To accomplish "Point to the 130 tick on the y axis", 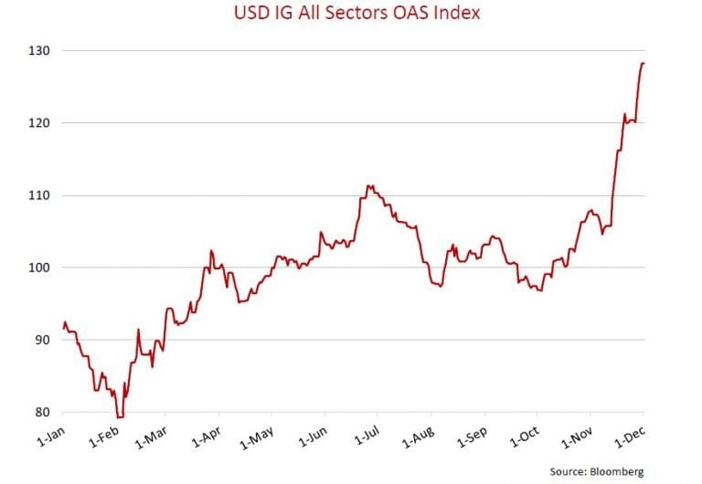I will coord(41,50).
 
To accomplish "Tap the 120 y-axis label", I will coord(41,122).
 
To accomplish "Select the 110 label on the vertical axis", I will coord(41,195).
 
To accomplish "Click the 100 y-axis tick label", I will coord(41,268).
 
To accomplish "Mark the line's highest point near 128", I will coord(643,63).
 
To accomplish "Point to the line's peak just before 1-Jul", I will coord(367,185).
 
